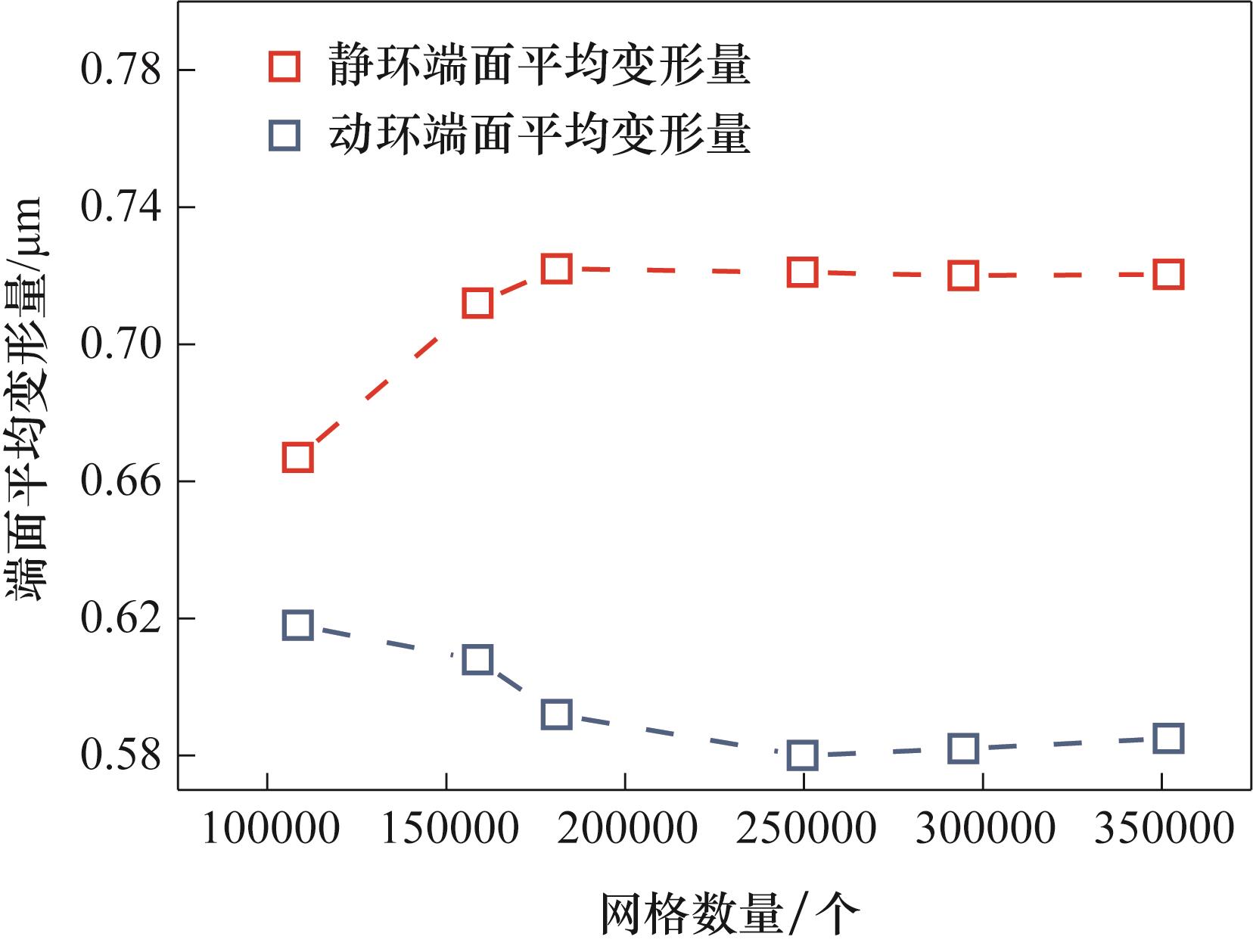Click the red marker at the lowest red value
click(x=297, y=457)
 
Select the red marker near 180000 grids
click(x=556, y=268)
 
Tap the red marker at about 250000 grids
click(x=802, y=272)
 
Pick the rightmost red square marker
click(x=1168, y=275)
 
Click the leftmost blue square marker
click(x=297, y=625)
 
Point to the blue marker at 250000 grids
click(x=802, y=755)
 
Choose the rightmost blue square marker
click(x=1168, y=738)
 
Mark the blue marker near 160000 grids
click(x=477, y=659)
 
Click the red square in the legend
click(x=284, y=67)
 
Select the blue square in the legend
click(x=284, y=136)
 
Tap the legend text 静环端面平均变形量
click(x=539, y=65)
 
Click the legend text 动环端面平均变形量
click(x=539, y=135)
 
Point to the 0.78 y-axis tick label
click(x=121, y=70)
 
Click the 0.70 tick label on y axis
click(x=121, y=344)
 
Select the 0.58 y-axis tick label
click(x=121, y=755)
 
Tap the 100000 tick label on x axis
click(x=270, y=829)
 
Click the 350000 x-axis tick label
click(x=1164, y=829)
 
